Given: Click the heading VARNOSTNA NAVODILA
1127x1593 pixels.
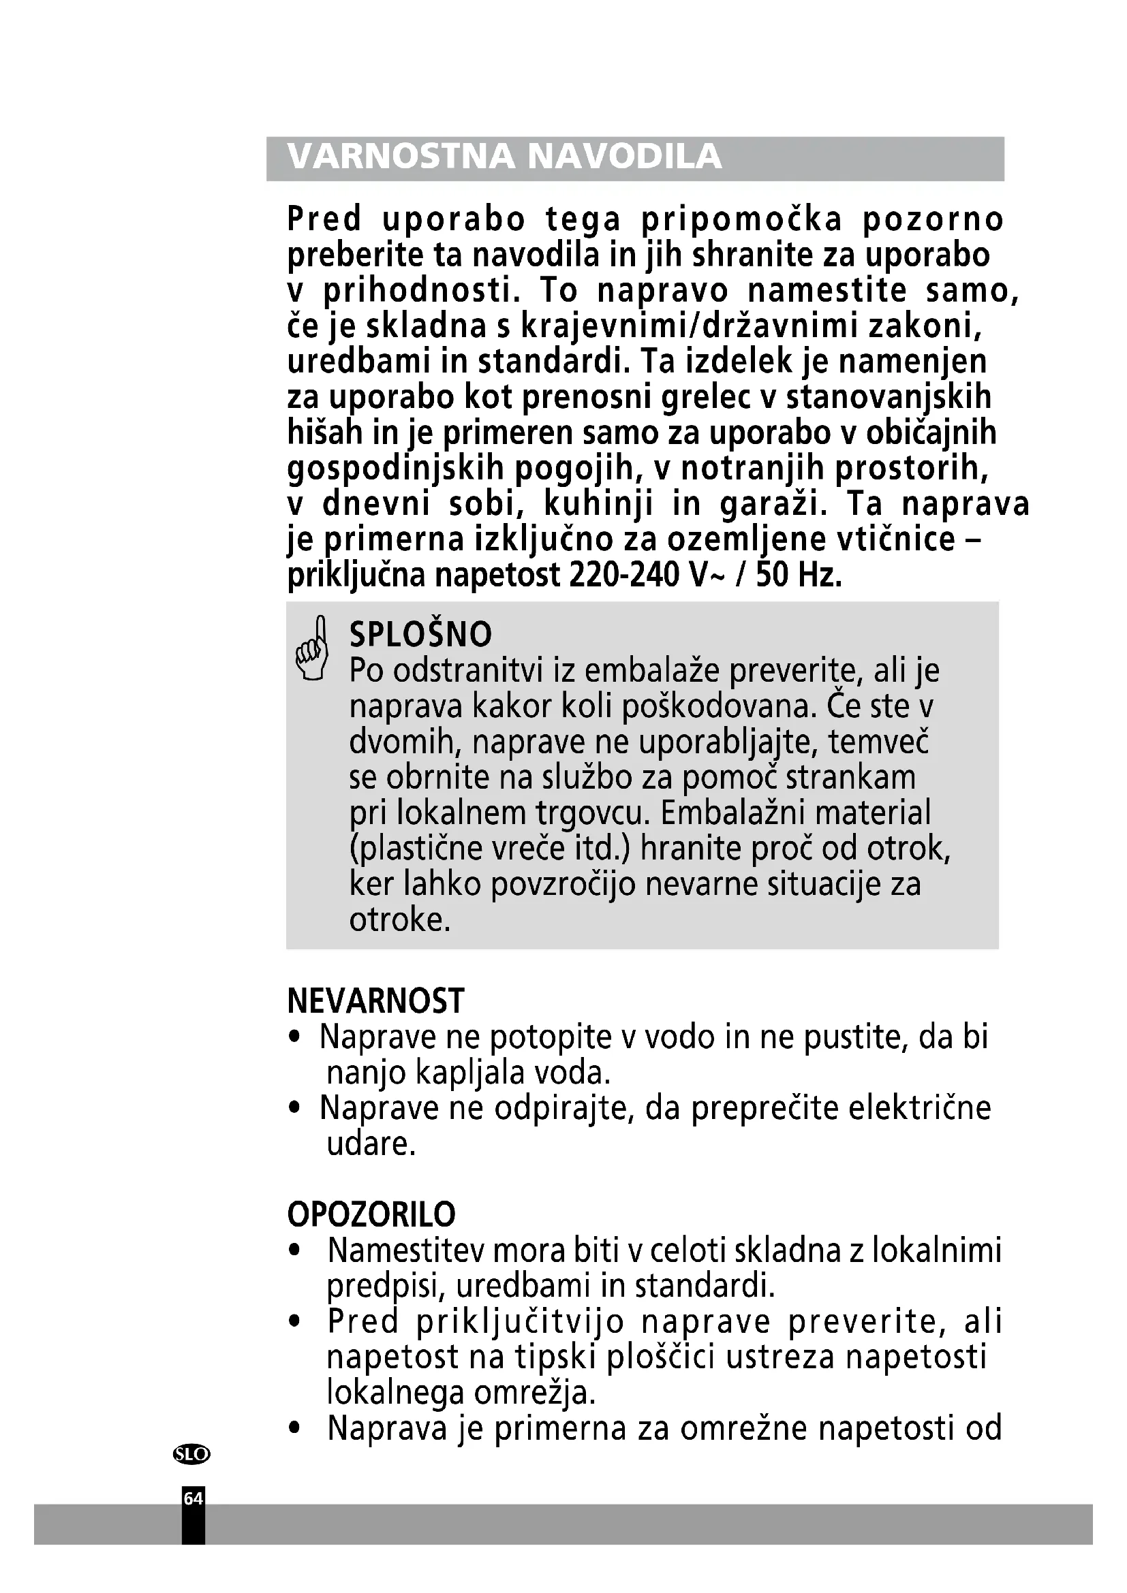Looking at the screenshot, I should pyautogui.click(x=504, y=157).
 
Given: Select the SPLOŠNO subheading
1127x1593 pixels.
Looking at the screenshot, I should pyautogui.click(x=420, y=634).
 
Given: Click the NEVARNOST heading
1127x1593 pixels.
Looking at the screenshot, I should pyautogui.click(x=375, y=1001).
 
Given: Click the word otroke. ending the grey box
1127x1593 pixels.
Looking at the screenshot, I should pyautogui.click(x=400, y=920).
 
